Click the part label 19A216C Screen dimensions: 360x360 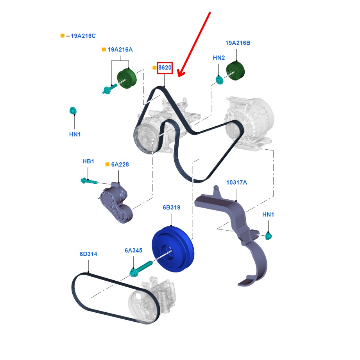pyautogui.click(x=83, y=36)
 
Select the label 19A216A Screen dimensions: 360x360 pyautogui.click(x=120, y=50)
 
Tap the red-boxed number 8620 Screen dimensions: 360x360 pyautogui.click(x=165, y=68)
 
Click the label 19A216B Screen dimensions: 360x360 pyautogui.click(x=238, y=43)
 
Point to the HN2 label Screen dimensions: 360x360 pyautogui.click(x=219, y=58)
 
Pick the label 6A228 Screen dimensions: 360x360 pyautogui.click(x=120, y=165)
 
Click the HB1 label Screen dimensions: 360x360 pyautogui.click(x=88, y=161)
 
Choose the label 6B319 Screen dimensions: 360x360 pyautogui.click(x=172, y=208)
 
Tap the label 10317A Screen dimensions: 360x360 pyautogui.click(x=236, y=183)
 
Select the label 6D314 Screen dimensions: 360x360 pyautogui.click(x=88, y=254)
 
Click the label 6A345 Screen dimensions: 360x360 pyautogui.click(x=134, y=250)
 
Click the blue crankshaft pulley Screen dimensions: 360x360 pyautogui.click(x=172, y=248)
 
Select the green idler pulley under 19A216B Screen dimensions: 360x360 pyautogui.click(x=235, y=72)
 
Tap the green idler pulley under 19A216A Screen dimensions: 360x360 pyautogui.click(x=127, y=79)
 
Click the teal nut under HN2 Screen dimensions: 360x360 pyautogui.click(x=219, y=80)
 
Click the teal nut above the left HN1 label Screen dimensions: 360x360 pyautogui.click(x=73, y=111)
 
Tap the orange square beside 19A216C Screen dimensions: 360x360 pyautogui.click(x=63, y=36)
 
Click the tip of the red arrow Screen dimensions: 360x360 pyautogui.click(x=178, y=76)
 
